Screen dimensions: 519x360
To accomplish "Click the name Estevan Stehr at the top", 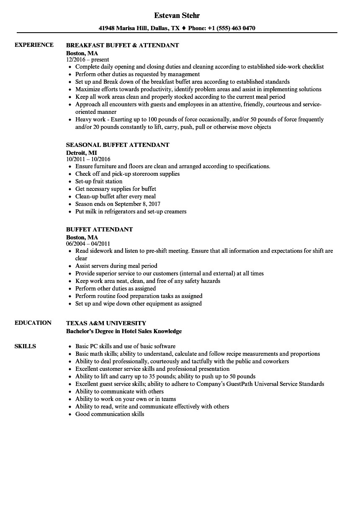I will tap(177, 15).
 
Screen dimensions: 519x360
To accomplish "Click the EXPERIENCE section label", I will tap(34, 45).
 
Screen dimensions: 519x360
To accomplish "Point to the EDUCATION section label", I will tap(33, 323).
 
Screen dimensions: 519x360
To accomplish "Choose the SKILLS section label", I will tap(25, 346).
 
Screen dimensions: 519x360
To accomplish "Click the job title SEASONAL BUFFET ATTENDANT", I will tap(118, 145).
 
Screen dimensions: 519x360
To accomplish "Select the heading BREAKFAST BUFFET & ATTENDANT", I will tap(123, 45).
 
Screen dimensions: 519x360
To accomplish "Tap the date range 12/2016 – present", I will tap(87, 59).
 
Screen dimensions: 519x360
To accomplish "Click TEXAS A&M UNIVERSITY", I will tap(106, 323).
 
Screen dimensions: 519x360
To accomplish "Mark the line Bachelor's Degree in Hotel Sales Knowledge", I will tap(124, 331).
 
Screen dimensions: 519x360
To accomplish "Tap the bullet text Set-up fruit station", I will tap(99, 181).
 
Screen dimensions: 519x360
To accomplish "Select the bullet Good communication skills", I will tap(110, 414).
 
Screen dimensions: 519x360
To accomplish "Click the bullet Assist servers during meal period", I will tap(116, 266).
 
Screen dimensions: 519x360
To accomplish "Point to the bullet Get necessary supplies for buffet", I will tap(116, 189).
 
